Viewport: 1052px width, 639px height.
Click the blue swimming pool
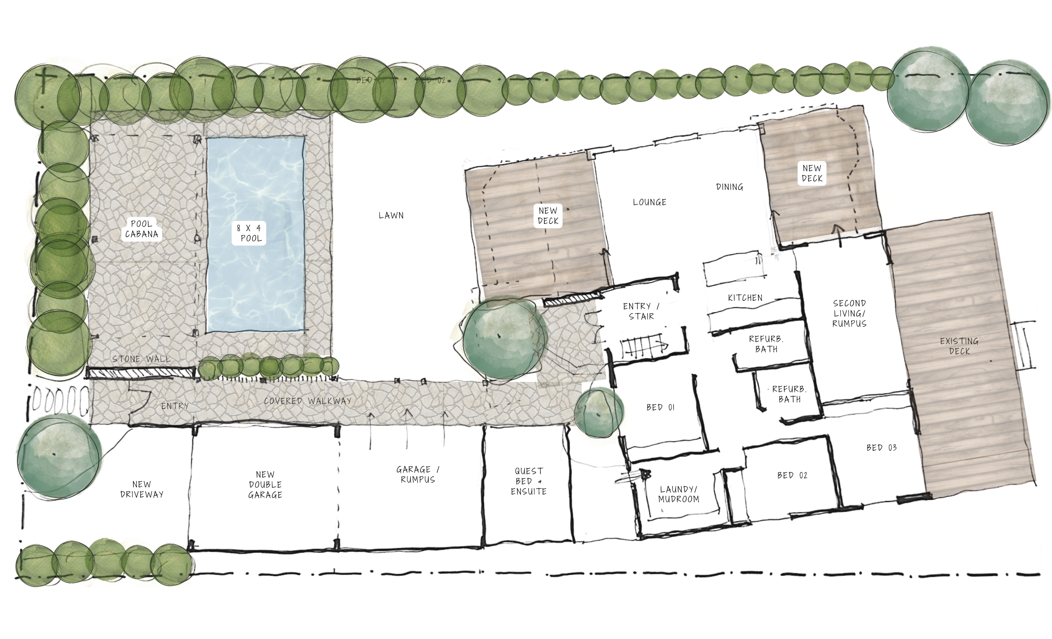click(x=255, y=273)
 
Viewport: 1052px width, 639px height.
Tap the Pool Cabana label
click(x=141, y=229)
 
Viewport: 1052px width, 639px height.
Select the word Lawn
click(x=391, y=215)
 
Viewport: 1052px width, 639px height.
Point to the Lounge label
click(x=649, y=202)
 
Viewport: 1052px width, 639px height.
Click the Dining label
click(x=730, y=187)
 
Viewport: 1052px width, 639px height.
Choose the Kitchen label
click(x=745, y=298)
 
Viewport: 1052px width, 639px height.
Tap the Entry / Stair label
click(x=641, y=311)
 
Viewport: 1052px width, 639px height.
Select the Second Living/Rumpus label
click(x=849, y=313)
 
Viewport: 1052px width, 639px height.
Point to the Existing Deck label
click(x=959, y=346)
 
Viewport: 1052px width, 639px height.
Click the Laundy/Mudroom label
click(x=679, y=494)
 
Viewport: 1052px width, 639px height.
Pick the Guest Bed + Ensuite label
click(x=529, y=481)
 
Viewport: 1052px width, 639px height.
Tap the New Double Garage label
click(x=265, y=485)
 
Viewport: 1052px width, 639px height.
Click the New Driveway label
click(x=142, y=489)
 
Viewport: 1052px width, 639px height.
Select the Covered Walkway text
click(x=308, y=401)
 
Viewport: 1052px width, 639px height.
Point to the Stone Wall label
click(x=141, y=359)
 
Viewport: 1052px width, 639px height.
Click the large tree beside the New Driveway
click(x=59, y=456)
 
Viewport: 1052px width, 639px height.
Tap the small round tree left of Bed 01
click(x=599, y=412)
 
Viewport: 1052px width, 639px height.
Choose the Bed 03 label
click(x=881, y=448)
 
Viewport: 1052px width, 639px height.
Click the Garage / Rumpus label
click(x=418, y=475)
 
